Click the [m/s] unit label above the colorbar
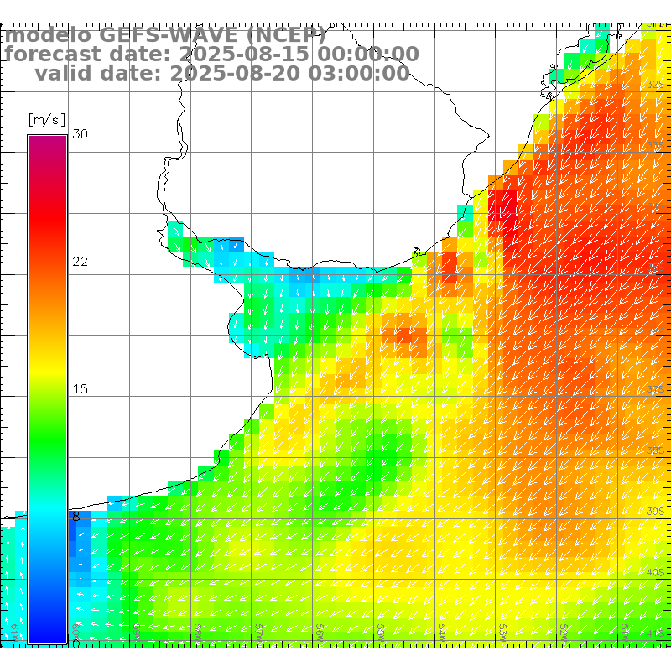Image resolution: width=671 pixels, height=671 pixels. (x=46, y=119)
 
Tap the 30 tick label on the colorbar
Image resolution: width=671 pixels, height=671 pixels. (x=80, y=134)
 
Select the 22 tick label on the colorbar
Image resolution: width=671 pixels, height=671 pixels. (x=80, y=262)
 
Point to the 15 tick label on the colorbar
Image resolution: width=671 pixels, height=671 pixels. (x=80, y=389)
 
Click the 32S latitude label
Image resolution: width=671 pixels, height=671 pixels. (x=655, y=85)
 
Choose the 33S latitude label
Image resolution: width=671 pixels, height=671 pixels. (x=655, y=146)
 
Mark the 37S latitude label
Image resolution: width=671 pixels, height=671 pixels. (x=655, y=390)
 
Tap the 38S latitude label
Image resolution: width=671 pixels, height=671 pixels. (x=655, y=451)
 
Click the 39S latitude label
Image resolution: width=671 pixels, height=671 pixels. (x=655, y=511)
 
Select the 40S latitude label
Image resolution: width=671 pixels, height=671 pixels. (x=655, y=573)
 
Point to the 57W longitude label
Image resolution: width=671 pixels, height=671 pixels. (x=260, y=630)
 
